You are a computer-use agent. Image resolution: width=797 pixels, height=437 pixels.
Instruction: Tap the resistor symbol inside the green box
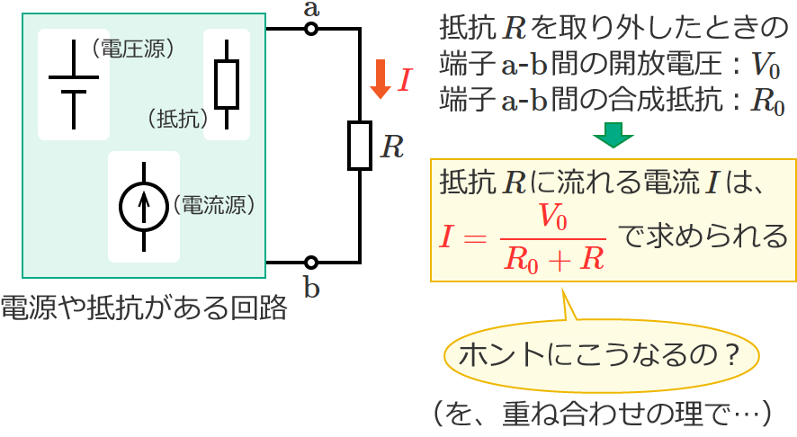pos(227,84)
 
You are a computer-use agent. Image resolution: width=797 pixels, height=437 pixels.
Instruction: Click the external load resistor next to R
pos(360,147)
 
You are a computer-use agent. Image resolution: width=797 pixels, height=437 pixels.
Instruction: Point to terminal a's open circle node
pos(311,29)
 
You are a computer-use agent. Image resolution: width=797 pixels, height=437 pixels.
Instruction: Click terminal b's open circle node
pos(311,263)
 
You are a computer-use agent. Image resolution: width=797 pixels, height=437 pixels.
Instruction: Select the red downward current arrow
pos(380,80)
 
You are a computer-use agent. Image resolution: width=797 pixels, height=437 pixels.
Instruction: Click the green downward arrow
pos(613,134)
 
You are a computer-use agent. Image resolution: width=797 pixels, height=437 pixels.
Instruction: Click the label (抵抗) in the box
pos(176,118)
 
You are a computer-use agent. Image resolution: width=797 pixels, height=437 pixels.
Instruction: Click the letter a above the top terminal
pos(311,9)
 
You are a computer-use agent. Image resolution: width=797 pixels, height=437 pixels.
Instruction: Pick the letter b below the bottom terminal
pos(311,288)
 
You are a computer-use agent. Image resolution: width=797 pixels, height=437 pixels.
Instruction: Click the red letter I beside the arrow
pos(403,81)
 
